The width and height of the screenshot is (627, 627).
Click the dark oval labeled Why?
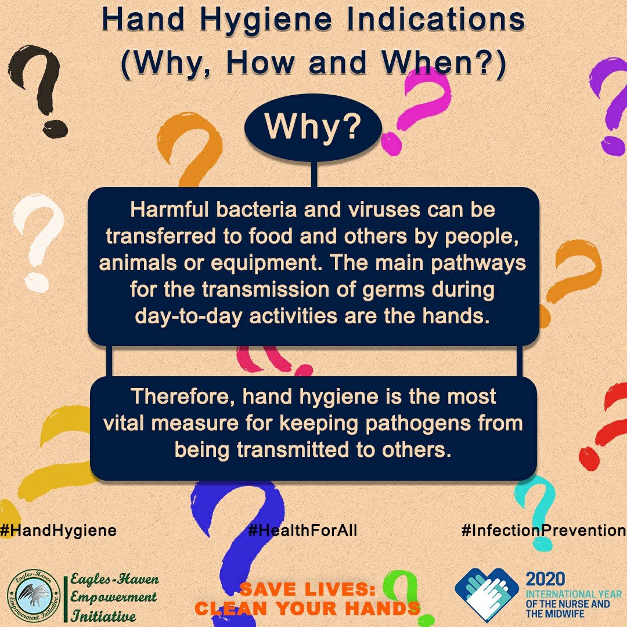pyautogui.click(x=313, y=128)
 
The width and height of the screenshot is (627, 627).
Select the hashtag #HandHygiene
pyautogui.click(x=59, y=531)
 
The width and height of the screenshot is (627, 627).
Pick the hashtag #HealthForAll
pyautogui.click(x=302, y=530)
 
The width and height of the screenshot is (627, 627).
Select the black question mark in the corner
pyautogui.click(x=38, y=95)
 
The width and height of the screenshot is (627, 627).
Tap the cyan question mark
pyautogui.click(x=535, y=512)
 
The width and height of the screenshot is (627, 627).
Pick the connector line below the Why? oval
pyautogui.click(x=314, y=174)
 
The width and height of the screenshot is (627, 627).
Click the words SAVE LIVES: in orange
pyautogui.click(x=308, y=589)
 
